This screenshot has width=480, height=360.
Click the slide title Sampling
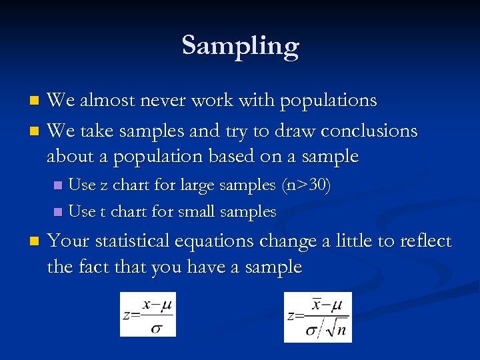pos(240,46)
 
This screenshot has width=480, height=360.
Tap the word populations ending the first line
pos(329,101)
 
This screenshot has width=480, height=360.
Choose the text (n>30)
pos(305,185)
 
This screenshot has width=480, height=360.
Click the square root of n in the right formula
pos(335,329)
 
